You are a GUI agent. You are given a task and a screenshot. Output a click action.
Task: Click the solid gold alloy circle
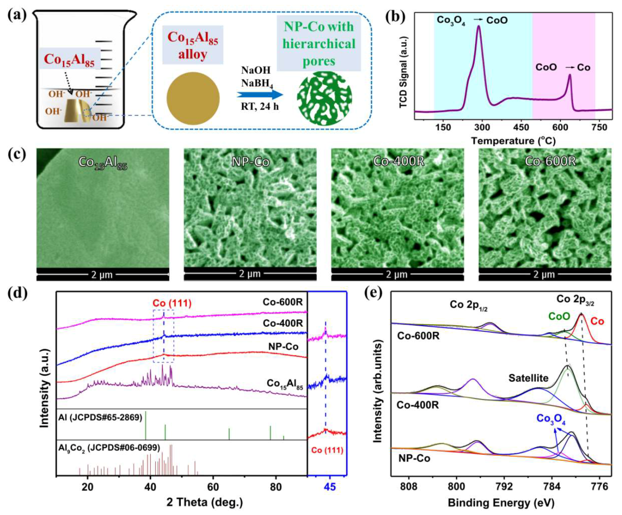(x=193, y=98)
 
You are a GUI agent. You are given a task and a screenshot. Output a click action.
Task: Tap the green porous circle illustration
(x=324, y=98)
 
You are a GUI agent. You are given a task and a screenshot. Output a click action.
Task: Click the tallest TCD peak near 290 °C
(x=479, y=27)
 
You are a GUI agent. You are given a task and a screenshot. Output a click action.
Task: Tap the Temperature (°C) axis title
(x=513, y=140)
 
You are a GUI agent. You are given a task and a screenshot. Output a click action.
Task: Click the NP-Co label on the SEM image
(x=250, y=162)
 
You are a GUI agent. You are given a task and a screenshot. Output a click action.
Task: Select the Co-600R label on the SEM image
(x=550, y=161)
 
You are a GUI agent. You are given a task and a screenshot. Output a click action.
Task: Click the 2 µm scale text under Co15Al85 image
(x=102, y=275)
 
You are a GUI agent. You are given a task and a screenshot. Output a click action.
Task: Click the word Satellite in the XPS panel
(x=528, y=378)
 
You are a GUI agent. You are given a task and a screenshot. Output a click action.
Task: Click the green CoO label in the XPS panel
(x=559, y=317)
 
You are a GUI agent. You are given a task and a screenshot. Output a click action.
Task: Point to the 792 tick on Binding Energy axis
(x=504, y=487)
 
